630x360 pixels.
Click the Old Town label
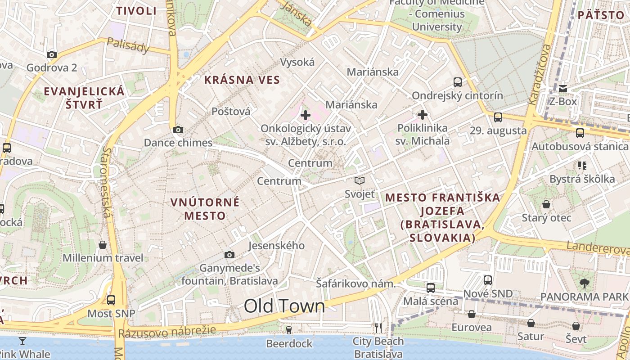coord(284,306)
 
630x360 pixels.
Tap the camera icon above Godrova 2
coord(52,55)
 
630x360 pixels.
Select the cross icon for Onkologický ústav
coord(306,115)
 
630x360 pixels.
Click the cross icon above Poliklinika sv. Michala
coord(422,115)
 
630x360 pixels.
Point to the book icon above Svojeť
coord(359,181)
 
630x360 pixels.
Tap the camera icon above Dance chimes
coord(178,130)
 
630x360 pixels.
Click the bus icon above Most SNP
coord(111,300)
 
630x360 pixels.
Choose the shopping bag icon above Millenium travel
coord(103,245)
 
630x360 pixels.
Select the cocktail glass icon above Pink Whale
coord(22,341)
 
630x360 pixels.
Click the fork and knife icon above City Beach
coord(378,328)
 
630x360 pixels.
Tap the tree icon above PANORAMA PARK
coord(584,283)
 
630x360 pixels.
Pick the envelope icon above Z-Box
coord(563,88)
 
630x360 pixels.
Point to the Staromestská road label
coord(107,182)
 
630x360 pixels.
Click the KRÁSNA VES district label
coord(242,80)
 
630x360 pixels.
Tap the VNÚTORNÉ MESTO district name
coord(205,209)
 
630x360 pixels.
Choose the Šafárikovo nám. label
coord(355,284)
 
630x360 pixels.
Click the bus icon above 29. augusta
coord(498,117)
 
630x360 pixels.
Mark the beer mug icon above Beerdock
coord(289,330)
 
